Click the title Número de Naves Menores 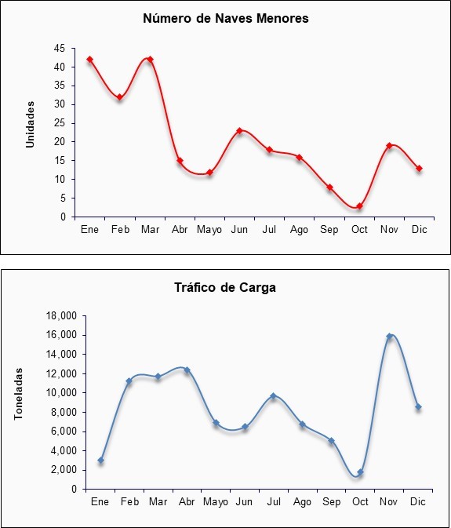(226, 19)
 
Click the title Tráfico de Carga (225, 288)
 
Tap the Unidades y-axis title (31, 124)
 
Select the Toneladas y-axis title (19, 394)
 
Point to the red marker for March (150, 60)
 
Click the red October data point (359, 206)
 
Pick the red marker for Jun (240, 131)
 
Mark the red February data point (119, 97)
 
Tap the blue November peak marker (389, 336)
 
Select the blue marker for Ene (100, 460)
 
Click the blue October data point (361, 472)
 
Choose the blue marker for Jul (273, 395)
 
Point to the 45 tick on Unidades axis (60, 49)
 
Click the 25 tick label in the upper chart (60, 123)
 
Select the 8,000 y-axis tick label (66, 412)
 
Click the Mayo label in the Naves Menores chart (209, 230)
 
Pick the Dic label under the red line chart (420, 230)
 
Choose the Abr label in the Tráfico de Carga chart (187, 502)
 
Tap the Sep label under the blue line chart (332, 502)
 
